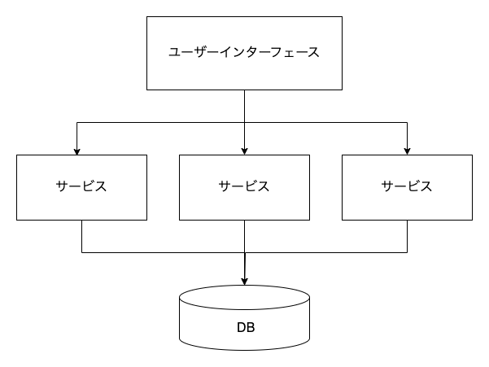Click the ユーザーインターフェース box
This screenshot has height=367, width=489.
[244, 53]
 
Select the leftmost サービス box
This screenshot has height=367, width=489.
[81, 187]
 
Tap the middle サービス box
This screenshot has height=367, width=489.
[244, 187]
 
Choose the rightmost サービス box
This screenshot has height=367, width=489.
[407, 187]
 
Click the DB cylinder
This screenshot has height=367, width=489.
[244, 321]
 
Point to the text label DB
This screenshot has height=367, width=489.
[245, 329]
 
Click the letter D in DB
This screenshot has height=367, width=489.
[240, 329]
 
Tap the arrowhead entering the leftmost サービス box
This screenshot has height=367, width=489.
[76, 151]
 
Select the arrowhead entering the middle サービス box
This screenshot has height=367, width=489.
[244, 151]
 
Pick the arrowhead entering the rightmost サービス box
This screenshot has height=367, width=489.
[407, 151]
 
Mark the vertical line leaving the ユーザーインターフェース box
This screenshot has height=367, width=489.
[244, 106]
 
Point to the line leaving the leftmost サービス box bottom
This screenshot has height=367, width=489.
[81, 236]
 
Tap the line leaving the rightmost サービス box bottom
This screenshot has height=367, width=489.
[407, 236]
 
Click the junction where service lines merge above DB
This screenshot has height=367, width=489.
[244, 252]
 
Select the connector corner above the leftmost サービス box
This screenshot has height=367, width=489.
[76, 122]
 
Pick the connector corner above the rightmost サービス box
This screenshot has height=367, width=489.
[407, 122]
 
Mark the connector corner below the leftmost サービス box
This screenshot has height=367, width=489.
[81, 252]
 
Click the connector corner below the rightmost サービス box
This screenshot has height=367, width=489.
[407, 252]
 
